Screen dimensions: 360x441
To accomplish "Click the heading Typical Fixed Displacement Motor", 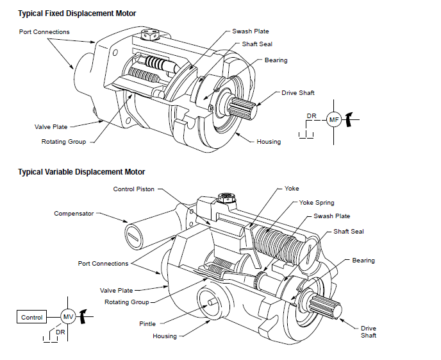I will click(x=77, y=13).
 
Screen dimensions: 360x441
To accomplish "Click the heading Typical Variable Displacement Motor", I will click(x=81, y=171).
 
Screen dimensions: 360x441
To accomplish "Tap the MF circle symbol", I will click(x=333, y=119).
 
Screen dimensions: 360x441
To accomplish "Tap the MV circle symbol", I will click(x=68, y=316).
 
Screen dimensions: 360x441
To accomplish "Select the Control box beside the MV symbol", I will click(x=32, y=317).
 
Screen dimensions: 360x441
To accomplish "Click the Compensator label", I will click(x=73, y=214).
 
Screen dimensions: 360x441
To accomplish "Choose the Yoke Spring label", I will click(x=317, y=202).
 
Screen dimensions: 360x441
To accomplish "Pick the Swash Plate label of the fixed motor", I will click(x=251, y=31).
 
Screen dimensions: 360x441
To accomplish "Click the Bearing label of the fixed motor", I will click(x=276, y=60).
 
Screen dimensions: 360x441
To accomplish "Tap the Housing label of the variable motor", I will click(x=165, y=336).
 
